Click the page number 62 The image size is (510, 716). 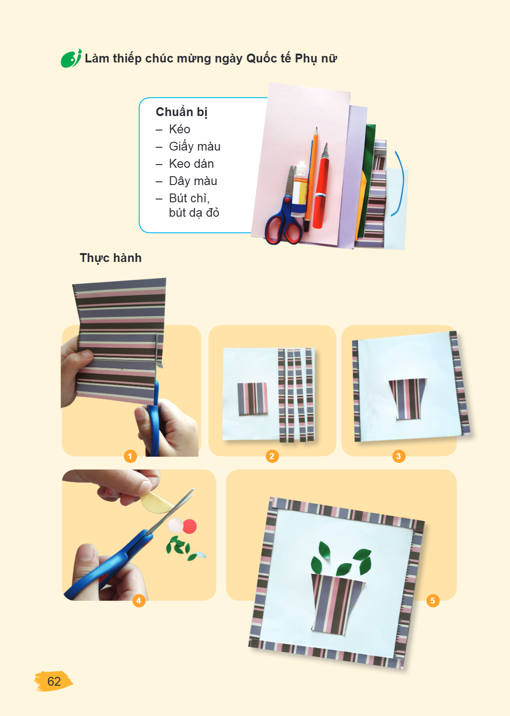54,681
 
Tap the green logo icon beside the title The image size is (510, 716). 71,58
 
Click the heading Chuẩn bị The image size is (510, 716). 182,112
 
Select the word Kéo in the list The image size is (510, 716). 179,129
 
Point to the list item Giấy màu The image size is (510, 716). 195,147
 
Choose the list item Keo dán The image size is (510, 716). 191,164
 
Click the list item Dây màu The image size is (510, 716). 193,181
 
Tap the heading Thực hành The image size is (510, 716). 110,258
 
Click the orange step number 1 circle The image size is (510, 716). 130,456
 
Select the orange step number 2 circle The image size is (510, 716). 272,456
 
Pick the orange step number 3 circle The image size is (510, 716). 399,456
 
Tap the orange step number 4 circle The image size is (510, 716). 139,600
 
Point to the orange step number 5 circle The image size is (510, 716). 433,600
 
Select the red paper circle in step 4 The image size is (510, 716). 189,526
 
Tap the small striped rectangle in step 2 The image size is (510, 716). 253,399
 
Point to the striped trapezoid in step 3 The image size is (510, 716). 408,399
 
